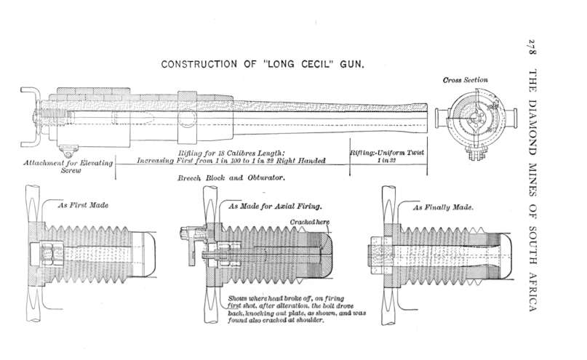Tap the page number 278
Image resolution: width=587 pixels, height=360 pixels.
[532, 49]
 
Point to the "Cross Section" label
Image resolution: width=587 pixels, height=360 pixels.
[465, 79]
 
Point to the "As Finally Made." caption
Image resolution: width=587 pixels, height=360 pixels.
[444, 207]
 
